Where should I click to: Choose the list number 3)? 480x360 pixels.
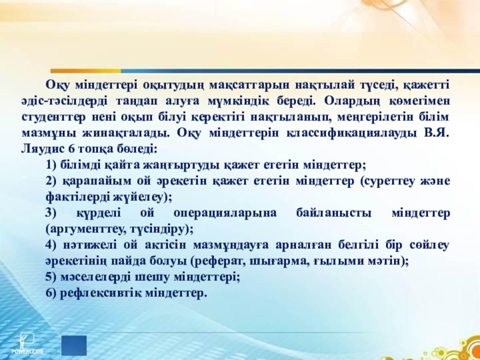51,214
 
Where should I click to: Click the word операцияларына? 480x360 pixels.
224,214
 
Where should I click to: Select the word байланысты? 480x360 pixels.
334,214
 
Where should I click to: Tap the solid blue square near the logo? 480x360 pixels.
74,346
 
